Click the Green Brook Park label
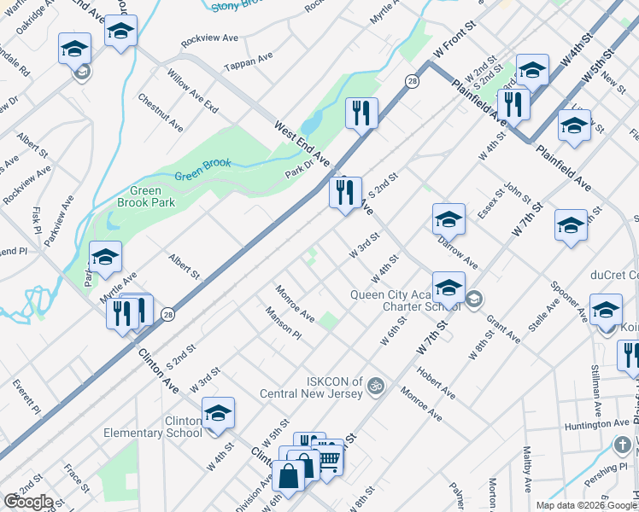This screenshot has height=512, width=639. click(140, 197)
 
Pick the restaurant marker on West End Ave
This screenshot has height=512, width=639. click(346, 192)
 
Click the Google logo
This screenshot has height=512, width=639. click(27, 502)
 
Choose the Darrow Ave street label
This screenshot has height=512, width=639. click(458, 248)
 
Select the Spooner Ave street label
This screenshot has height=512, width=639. click(567, 300)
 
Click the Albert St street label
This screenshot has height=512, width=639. click(184, 265)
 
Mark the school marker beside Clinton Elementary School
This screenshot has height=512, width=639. click(218, 414)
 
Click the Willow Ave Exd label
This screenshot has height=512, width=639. click(193, 86)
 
